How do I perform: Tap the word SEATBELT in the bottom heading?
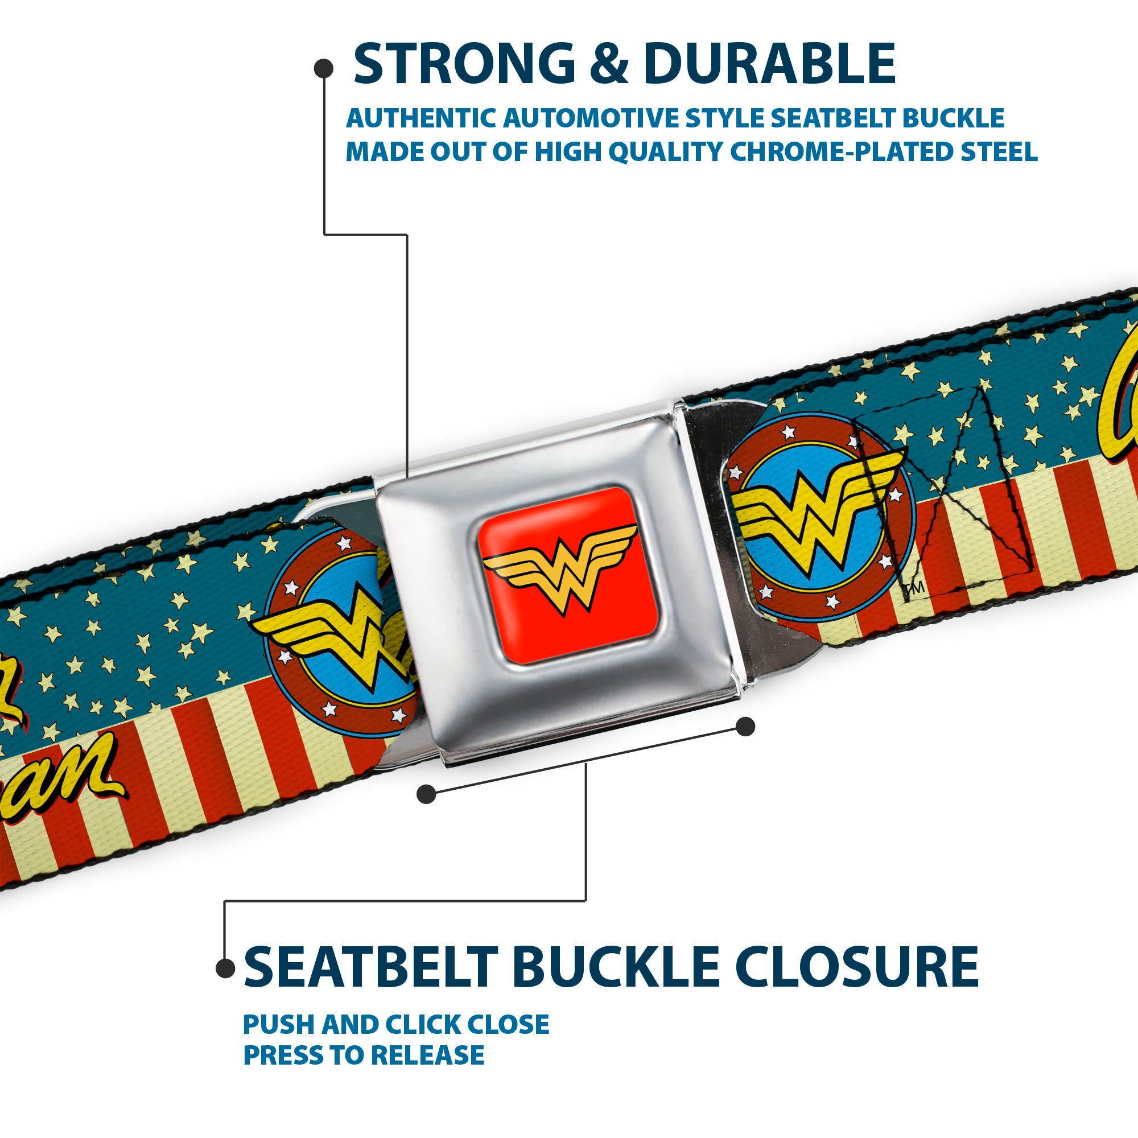tap(372, 967)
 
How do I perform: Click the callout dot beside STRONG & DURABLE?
tap(323, 69)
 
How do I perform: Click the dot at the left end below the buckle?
tap(426, 794)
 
